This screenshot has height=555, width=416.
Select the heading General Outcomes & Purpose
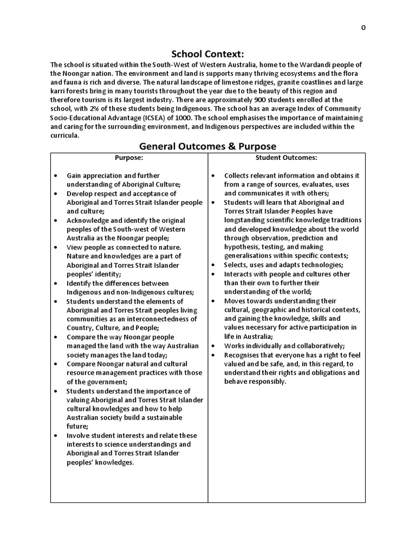[x=208, y=146]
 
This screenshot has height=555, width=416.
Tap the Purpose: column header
[x=129, y=158]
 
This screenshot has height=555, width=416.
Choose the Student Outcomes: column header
[x=286, y=158]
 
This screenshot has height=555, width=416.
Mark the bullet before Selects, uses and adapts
[x=213, y=265]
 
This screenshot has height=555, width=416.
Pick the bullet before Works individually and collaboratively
[x=213, y=346]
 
